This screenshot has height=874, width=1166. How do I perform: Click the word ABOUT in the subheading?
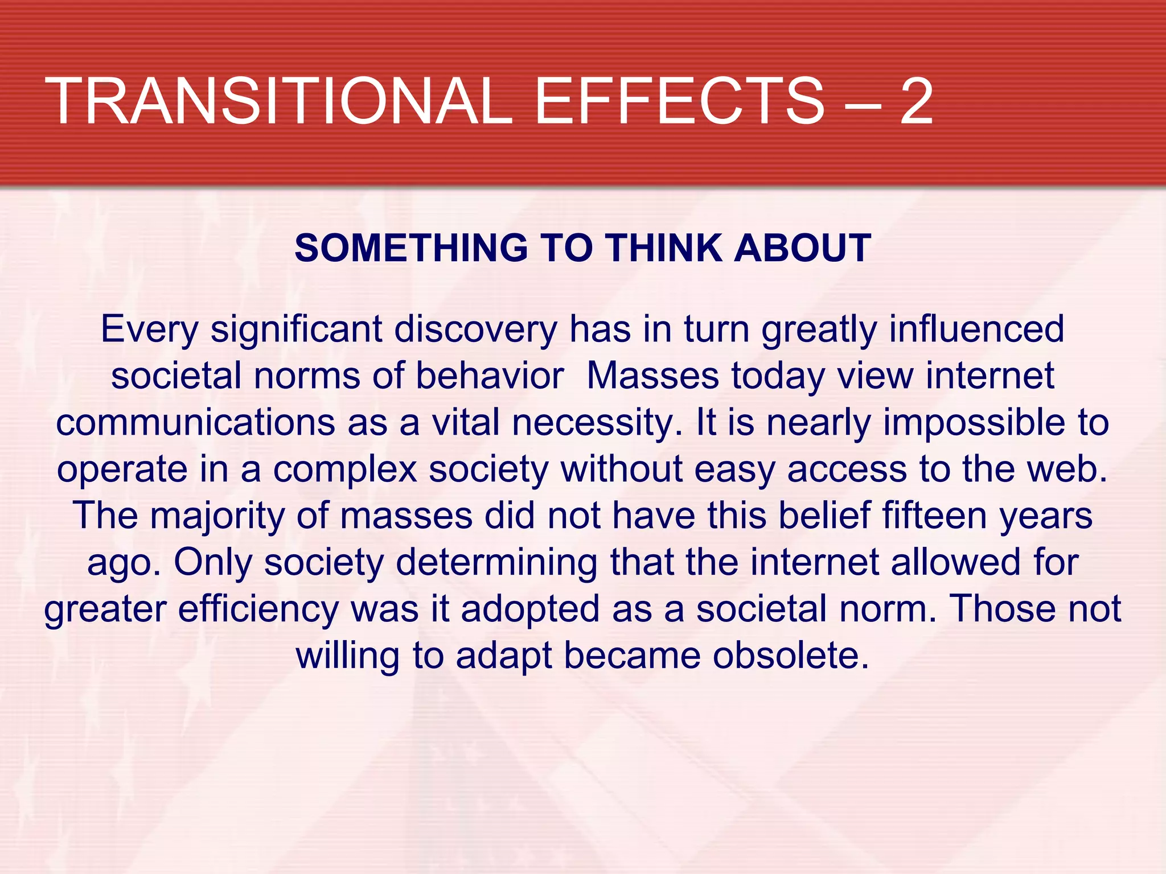pyautogui.click(x=803, y=248)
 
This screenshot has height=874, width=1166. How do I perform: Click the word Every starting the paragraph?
pyautogui.click(x=149, y=330)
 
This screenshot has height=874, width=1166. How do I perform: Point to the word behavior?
pyautogui.click(x=490, y=376)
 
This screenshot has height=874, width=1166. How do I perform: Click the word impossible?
pyautogui.click(x=974, y=424)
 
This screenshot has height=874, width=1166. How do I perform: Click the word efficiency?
pyautogui.click(x=258, y=610)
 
